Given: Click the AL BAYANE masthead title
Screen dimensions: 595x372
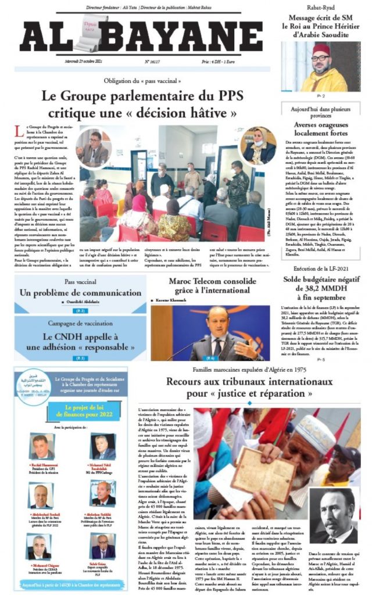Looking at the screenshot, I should click(x=139, y=36).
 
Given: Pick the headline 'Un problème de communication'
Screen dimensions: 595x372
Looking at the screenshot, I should click(x=72, y=293).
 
